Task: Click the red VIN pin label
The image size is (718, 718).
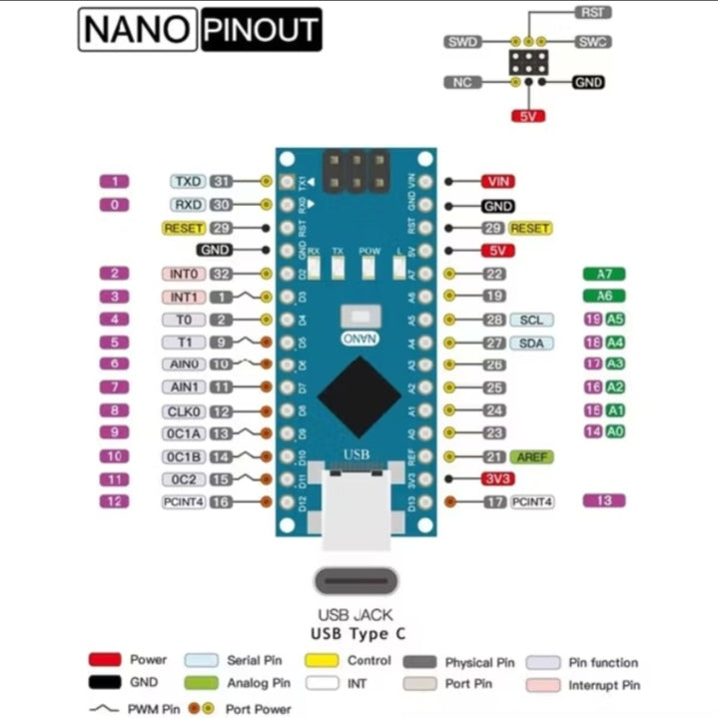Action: (497, 181)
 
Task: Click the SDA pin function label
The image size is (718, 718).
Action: (530, 343)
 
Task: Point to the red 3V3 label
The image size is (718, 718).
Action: (497, 478)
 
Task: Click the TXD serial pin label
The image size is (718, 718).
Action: (188, 182)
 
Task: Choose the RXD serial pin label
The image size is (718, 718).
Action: (188, 205)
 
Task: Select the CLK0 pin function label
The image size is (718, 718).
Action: (183, 410)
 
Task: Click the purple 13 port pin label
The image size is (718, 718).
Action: (603, 500)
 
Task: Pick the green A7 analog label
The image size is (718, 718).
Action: (603, 274)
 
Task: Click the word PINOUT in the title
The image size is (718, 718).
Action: (260, 31)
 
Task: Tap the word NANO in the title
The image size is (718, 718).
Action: (136, 31)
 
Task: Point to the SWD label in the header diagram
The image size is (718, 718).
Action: (463, 43)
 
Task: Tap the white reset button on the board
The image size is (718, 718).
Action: (358, 317)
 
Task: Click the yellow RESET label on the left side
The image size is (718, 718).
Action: (183, 228)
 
